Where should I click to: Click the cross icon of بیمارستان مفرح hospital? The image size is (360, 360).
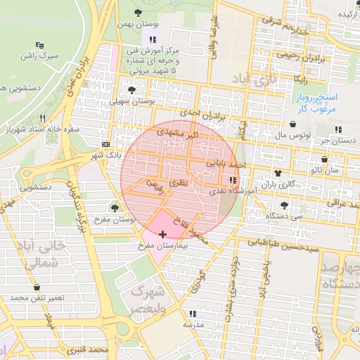(x=163, y=233)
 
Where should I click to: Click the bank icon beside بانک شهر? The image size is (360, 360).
(x=105, y=145)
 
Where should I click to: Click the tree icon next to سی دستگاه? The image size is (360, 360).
(x=283, y=205)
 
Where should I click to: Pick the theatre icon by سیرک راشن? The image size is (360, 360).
(x=47, y=43)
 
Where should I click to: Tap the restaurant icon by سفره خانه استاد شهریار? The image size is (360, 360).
(x=44, y=118)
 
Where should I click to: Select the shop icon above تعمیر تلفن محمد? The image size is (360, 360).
(x=37, y=288)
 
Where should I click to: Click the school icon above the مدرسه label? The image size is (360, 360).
(x=192, y=314)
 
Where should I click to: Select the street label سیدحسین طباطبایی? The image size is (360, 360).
(x=283, y=245)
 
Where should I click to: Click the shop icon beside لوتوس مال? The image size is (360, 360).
(x=339, y=129)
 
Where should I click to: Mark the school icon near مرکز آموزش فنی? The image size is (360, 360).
(x=153, y=39)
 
